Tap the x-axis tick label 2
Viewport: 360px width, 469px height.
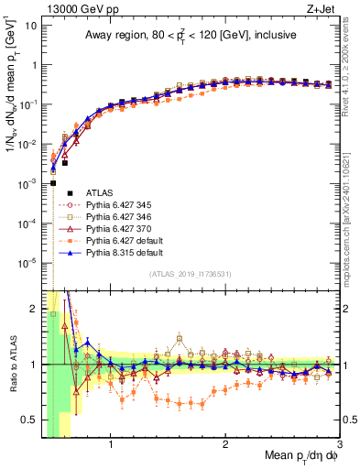225,446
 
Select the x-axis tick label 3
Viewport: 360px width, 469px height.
340,446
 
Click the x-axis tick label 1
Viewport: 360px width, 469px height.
111,446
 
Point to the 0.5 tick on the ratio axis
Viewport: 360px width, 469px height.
29,420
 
